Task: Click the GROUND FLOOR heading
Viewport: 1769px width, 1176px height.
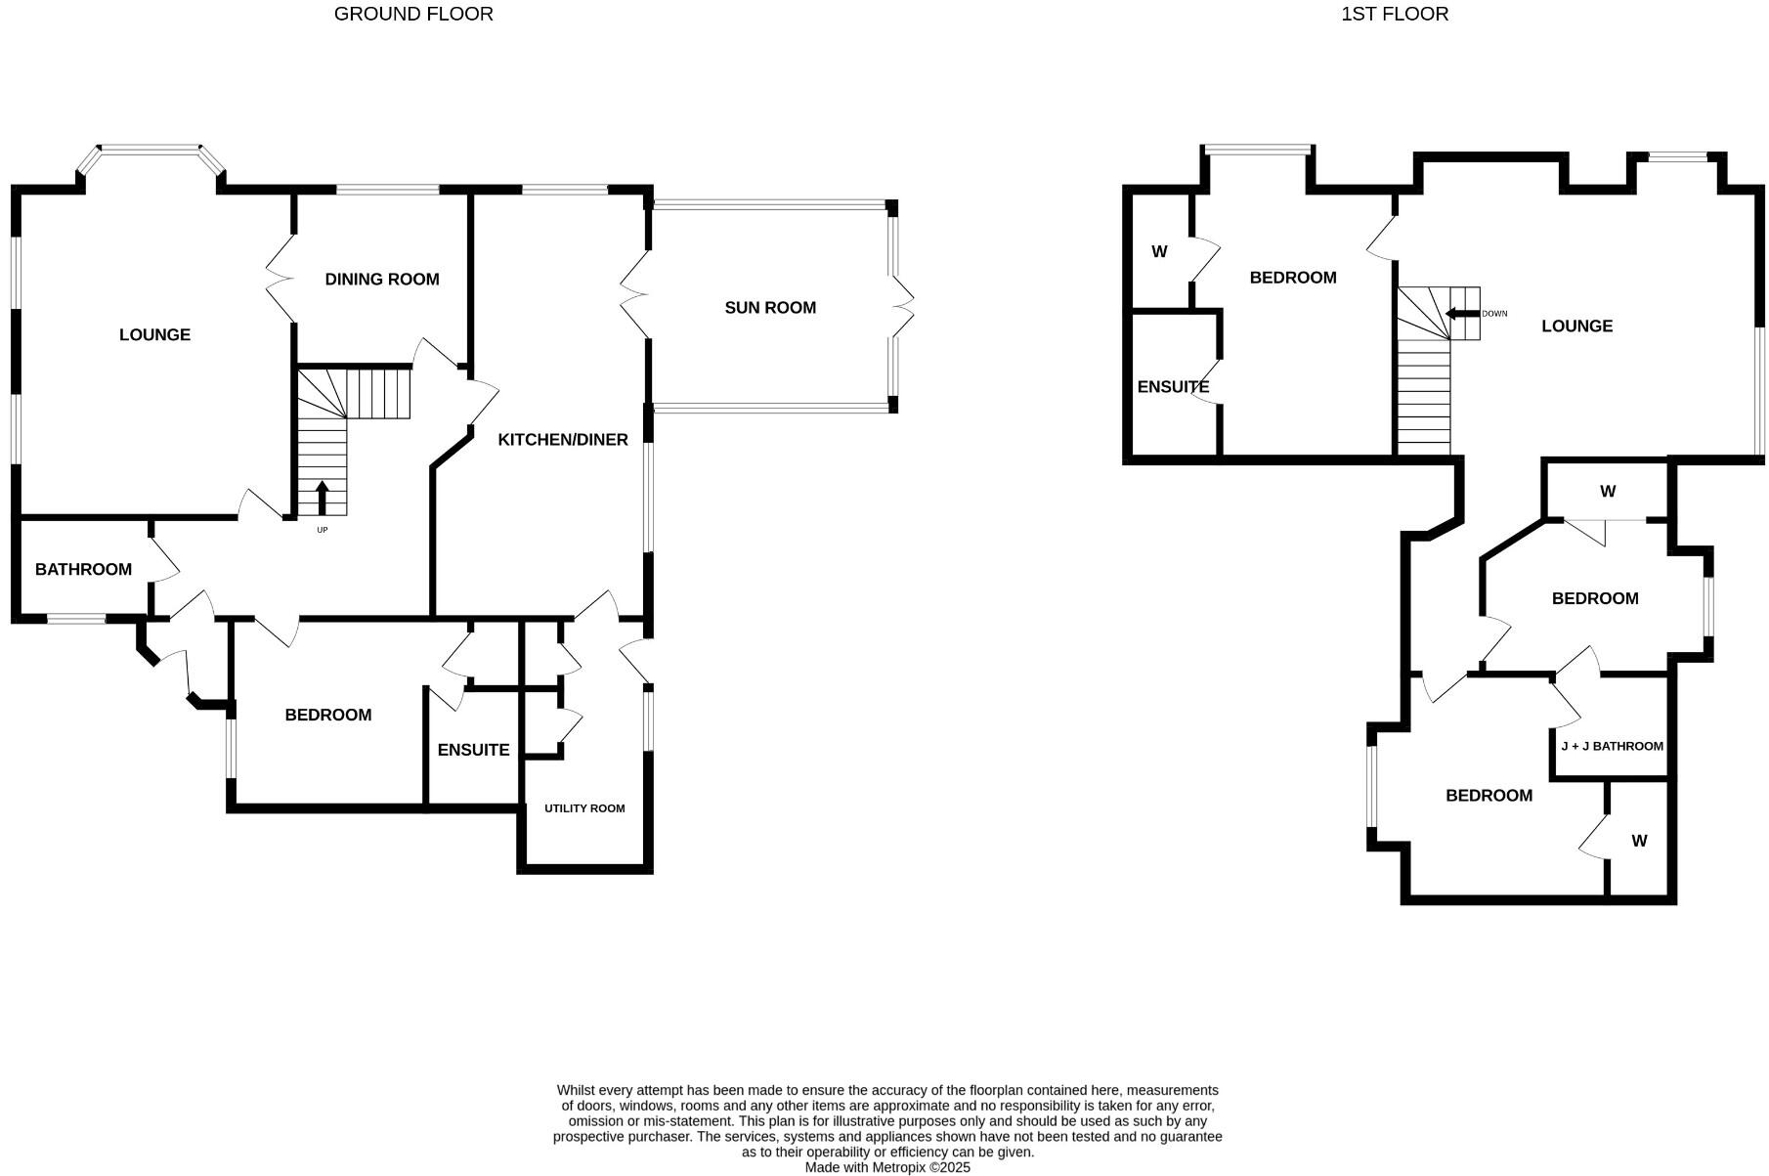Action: [x=413, y=14]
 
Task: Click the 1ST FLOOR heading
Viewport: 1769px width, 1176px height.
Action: [x=1394, y=14]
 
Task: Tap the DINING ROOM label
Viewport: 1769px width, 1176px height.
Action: [x=382, y=280]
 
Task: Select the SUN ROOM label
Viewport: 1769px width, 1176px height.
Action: [x=770, y=308]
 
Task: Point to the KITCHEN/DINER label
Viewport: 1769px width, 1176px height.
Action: [x=563, y=440]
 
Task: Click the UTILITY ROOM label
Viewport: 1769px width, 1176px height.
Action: [x=584, y=808]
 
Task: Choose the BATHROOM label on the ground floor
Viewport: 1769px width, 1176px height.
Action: [x=83, y=570]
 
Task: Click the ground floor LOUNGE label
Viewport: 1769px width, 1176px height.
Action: [x=154, y=335]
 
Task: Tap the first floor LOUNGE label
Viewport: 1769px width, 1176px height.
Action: [x=1576, y=327]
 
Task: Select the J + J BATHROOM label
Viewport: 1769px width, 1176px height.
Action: [x=1612, y=746]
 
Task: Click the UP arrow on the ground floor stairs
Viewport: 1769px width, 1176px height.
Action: [x=323, y=496]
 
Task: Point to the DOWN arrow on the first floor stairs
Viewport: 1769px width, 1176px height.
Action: [x=1462, y=314]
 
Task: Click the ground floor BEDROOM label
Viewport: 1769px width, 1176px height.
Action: [x=328, y=716]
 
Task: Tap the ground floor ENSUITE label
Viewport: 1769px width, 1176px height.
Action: [x=473, y=751]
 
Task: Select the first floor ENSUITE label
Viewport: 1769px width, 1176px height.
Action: [x=1173, y=387]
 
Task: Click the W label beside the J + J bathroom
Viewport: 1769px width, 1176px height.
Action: [x=1639, y=841]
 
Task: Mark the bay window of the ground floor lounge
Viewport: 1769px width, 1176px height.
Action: [x=151, y=151]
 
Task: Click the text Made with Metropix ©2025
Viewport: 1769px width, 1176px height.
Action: [x=887, y=1167]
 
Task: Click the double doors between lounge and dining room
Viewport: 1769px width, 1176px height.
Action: [x=281, y=279]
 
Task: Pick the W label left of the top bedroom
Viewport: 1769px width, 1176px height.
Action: [x=1159, y=252]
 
